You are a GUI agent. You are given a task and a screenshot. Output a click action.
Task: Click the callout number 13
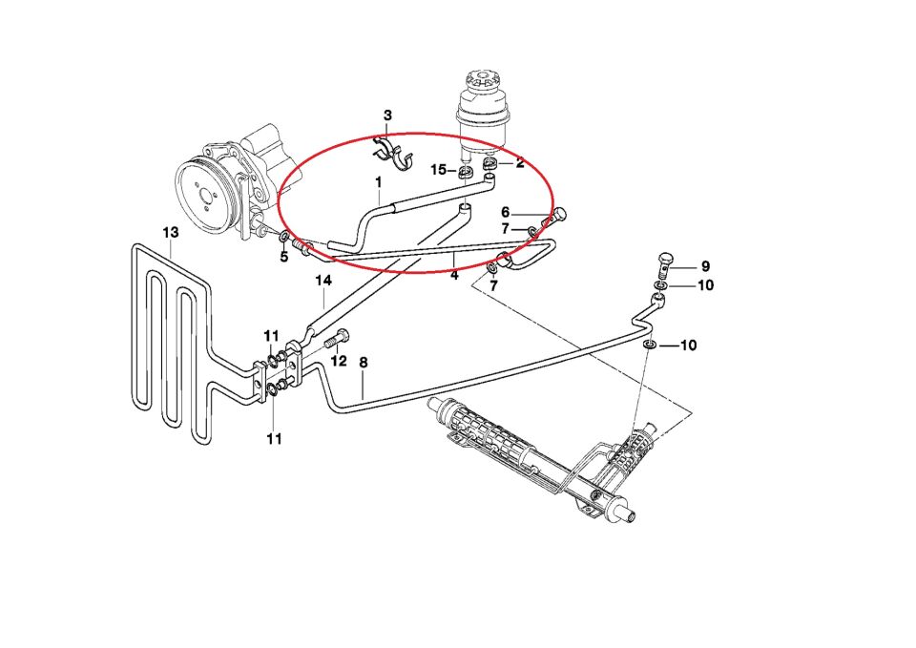[x=171, y=232]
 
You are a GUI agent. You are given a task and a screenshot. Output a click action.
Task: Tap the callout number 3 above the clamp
[x=387, y=115]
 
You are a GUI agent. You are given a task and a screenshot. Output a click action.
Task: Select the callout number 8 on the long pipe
[x=363, y=363]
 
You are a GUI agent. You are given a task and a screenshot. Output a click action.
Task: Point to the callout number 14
[x=323, y=280]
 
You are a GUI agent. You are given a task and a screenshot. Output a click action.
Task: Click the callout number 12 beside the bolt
[x=338, y=361]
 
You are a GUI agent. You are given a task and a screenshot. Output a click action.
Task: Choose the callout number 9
[x=705, y=266]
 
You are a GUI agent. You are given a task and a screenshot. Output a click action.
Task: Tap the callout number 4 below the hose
[x=454, y=276]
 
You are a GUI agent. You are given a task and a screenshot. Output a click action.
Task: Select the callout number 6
[x=506, y=212]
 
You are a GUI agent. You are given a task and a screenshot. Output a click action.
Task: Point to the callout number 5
[x=283, y=256]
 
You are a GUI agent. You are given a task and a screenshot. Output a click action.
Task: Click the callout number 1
[x=378, y=181]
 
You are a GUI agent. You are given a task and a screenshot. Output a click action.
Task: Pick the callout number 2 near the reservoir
[x=520, y=163]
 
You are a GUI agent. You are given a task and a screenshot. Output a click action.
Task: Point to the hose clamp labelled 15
[x=467, y=173]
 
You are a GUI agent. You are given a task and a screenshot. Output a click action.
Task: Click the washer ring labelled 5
[x=284, y=236]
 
